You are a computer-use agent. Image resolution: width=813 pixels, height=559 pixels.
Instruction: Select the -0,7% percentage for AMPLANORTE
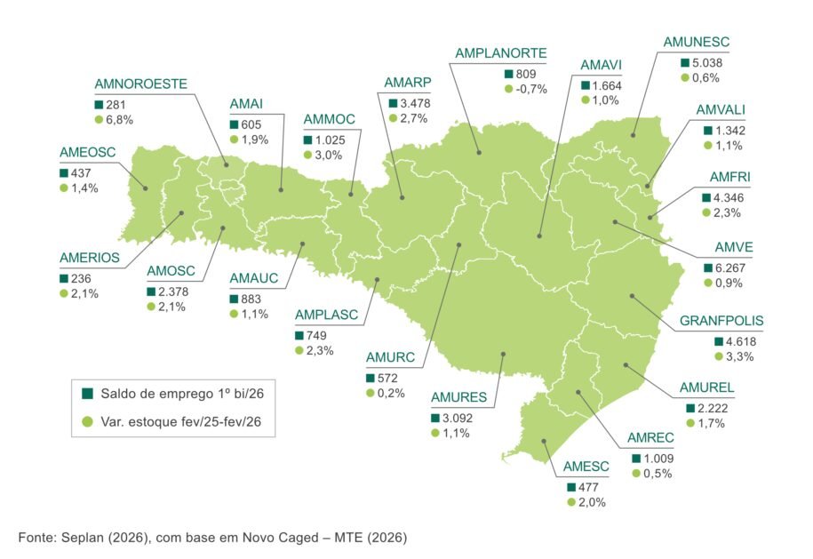[534, 89]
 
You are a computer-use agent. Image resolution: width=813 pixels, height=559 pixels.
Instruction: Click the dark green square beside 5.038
[685, 63]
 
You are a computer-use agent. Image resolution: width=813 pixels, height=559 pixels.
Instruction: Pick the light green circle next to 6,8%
[99, 119]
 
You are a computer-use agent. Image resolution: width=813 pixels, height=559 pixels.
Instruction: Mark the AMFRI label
[730, 177]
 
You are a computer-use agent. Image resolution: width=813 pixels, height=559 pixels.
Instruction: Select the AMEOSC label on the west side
[88, 152]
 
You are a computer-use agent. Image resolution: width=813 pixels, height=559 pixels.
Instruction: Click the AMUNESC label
[697, 42]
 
